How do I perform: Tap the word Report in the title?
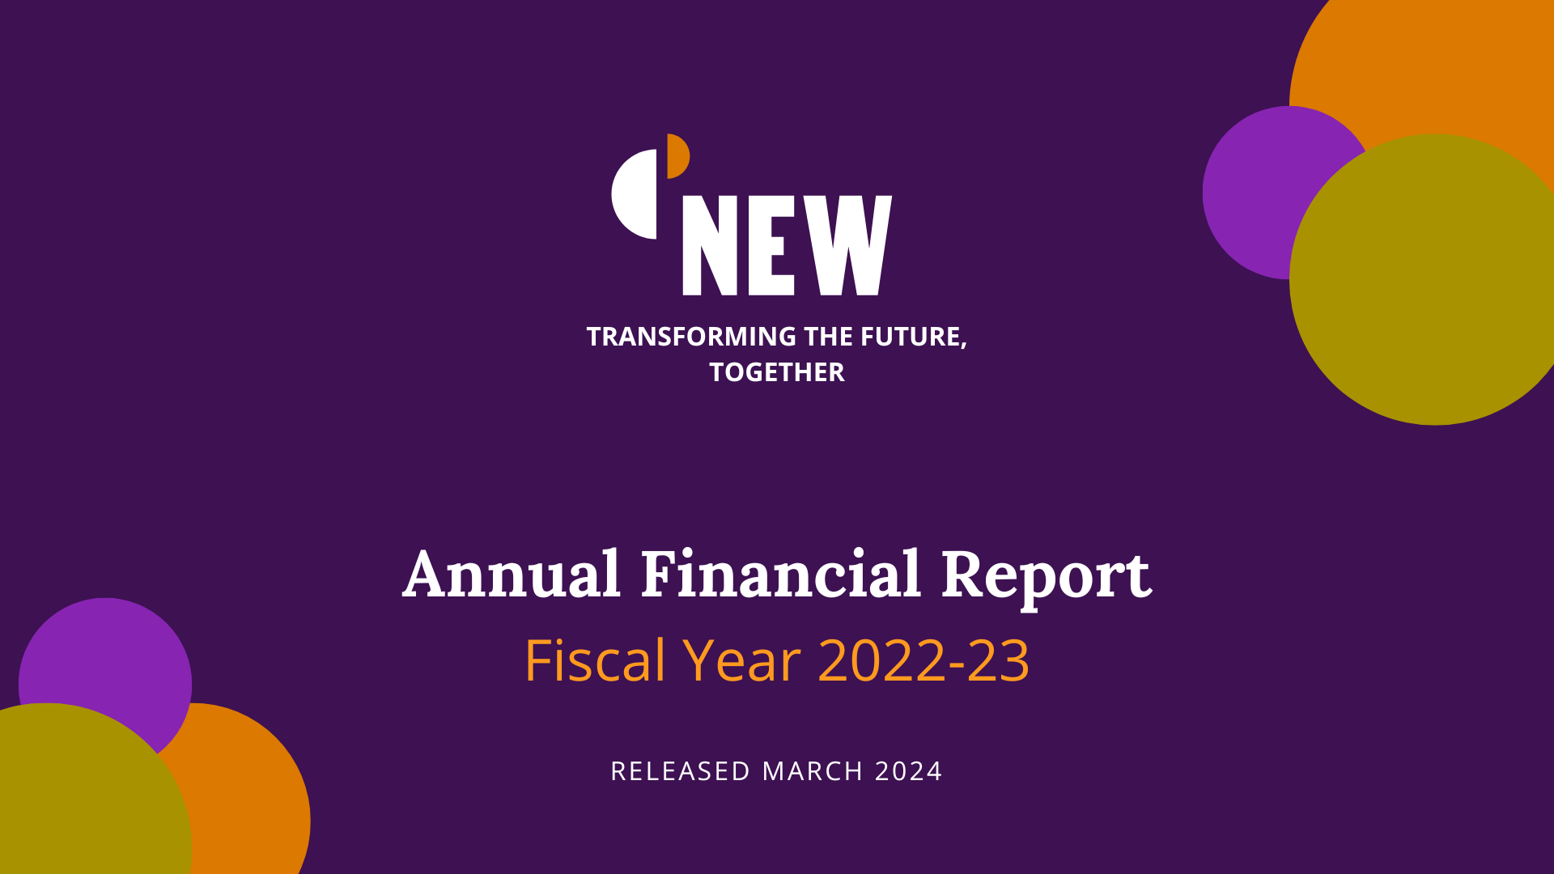point(1046,578)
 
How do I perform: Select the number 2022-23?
point(923,660)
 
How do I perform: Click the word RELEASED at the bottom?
point(681,771)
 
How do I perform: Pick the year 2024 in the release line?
point(909,771)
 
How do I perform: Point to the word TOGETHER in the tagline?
point(777,372)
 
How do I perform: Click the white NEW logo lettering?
point(787,245)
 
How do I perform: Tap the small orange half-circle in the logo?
point(677,156)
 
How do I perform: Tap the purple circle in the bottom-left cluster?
point(105,655)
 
